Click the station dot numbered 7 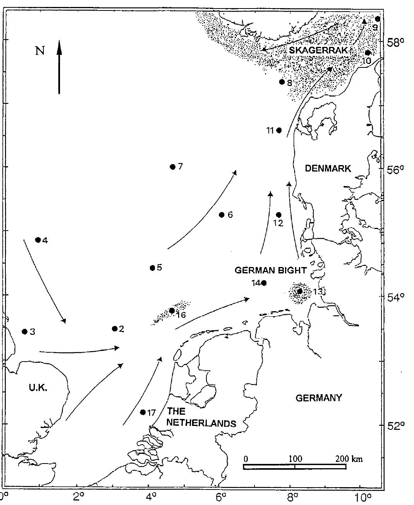(173, 167)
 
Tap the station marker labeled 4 (38, 240)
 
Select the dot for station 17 (143, 412)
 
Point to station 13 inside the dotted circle (300, 291)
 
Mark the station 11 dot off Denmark (279, 130)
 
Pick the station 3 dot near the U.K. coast (25, 331)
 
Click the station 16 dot (172, 310)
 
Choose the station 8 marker (282, 82)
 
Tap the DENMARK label (328, 168)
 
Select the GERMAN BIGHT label (271, 270)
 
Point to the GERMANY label (319, 398)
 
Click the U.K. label (38, 388)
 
